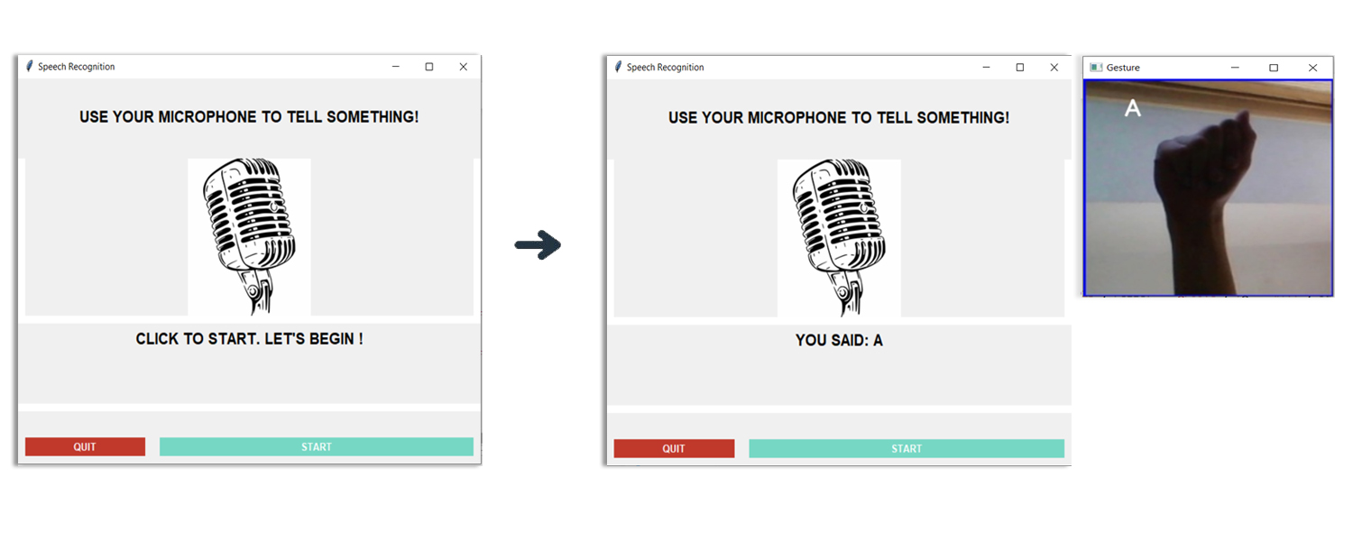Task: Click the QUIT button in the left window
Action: (x=85, y=447)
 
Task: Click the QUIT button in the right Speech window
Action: (x=674, y=449)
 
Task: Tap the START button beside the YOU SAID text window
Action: (x=907, y=449)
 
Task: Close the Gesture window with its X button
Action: (x=1313, y=68)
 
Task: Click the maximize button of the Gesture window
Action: (x=1274, y=68)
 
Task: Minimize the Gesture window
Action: (x=1235, y=68)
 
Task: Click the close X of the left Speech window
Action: (x=463, y=67)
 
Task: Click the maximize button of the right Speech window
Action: (x=1020, y=68)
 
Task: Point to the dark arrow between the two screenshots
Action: (x=538, y=245)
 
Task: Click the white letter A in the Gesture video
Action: (x=1133, y=109)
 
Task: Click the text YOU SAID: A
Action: (x=839, y=341)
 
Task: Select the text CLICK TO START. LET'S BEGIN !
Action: (x=249, y=339)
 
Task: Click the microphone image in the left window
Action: (x=249, y=236)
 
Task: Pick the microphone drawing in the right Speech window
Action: (x=839, y=238)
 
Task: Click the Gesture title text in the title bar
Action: (x=1123, y=68)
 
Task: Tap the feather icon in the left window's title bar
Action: (x=30, y=66)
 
